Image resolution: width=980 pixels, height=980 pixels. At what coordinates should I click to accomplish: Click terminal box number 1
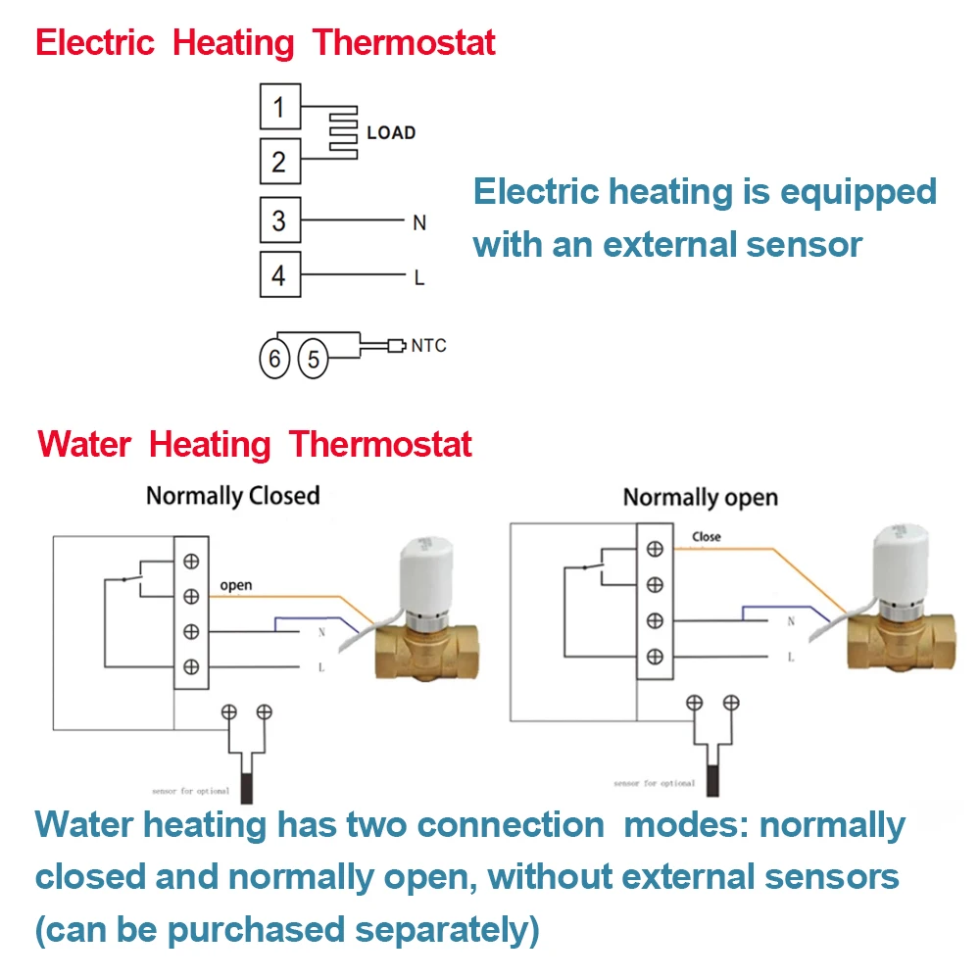point(279,107)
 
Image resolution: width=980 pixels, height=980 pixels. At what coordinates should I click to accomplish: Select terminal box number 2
point(279,162)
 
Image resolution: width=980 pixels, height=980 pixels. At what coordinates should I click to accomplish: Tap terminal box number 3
point(279,220)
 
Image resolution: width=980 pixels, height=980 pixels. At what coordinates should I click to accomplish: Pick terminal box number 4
point(279,275)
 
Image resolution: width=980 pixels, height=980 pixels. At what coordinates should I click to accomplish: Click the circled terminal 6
point(275,360)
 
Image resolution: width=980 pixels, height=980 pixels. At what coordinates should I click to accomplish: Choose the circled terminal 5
point(313,360)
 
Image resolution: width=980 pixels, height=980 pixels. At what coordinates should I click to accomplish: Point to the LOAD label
point(391,132)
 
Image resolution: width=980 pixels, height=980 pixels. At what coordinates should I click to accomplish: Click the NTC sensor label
point(428,346)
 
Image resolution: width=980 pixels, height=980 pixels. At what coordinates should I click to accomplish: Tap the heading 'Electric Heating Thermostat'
point(265,43)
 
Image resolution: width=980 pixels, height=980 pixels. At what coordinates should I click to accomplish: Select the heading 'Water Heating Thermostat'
point(255,444)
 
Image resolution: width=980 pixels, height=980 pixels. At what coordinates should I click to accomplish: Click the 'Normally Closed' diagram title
point(233,496)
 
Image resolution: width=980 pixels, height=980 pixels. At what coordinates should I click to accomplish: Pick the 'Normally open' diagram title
point(700,498)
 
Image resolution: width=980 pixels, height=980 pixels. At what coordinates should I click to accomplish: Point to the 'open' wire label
point(235,586)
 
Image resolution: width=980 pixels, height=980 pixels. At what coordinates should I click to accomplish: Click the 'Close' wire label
point(706,537)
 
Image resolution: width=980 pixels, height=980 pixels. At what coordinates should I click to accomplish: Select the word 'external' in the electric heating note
point(699,244)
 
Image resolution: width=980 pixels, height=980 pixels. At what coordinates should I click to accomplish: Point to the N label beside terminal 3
point(419,223)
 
